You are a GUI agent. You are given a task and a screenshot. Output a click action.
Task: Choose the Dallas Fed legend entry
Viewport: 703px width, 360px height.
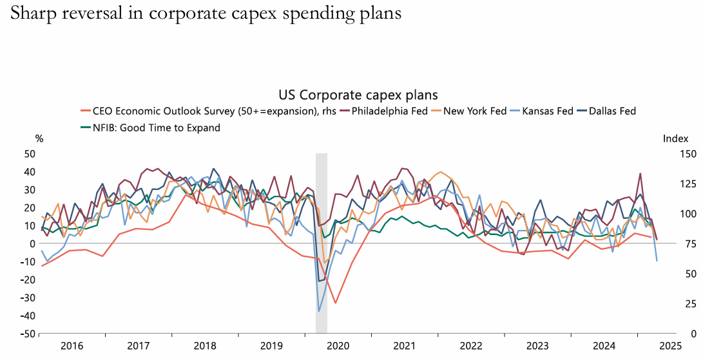[611, 111]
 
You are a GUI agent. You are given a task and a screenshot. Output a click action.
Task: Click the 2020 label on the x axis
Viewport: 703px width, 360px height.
[338, 346]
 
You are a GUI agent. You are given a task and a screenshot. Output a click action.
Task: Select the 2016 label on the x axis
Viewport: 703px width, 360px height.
[72, 346]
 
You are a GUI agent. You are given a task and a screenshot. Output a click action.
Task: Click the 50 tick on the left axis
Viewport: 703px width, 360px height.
[29, 153]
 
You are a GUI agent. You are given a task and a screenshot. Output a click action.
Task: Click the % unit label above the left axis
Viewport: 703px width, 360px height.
[39, 138]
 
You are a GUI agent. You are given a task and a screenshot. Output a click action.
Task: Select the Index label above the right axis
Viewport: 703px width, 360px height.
[675, 138]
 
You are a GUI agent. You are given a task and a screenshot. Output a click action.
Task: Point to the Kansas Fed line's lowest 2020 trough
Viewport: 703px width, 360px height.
[318, 312]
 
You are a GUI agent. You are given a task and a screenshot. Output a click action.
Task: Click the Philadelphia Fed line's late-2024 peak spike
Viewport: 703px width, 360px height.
[640, 173]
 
